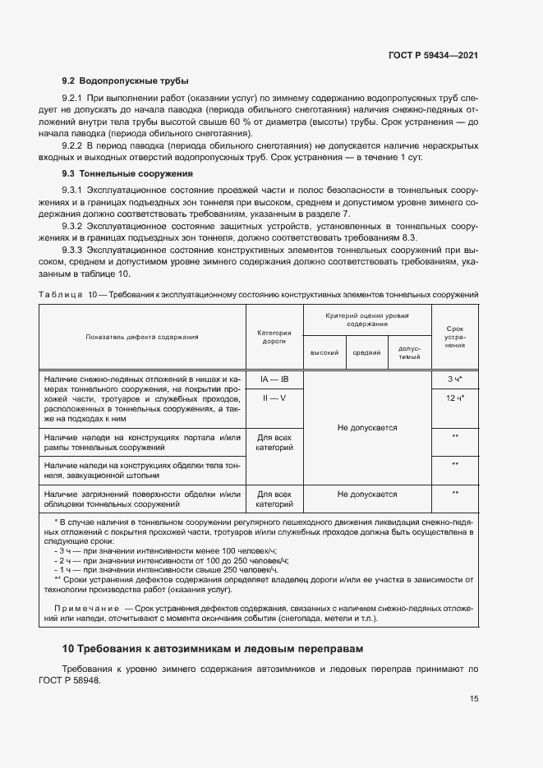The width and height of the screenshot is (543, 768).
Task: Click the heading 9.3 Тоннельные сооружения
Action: pyautogui.click(x=127, y=174)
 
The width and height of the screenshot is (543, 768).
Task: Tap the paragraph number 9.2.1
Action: pyautogui.click(x=76, y=97)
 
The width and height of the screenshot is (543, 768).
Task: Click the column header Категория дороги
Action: pyautogui.click(x=274, y=337)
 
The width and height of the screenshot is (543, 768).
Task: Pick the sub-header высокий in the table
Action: pyautogui.click(x=324, y=352)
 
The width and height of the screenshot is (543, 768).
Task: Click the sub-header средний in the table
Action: pyautogui.click(x=366, y=352)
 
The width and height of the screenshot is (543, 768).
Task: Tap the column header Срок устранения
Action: pyautogui.click(x=454, y=337)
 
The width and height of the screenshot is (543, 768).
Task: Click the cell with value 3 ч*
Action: pyautogui.click(x=454, y=379)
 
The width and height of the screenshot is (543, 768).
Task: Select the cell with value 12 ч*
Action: pyautogui.click(x=454, y=398)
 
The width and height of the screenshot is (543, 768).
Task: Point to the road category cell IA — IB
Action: pyautogui.click(x=274, y=379)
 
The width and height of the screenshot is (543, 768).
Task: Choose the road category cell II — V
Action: pyautogui.click(x=274, y=398)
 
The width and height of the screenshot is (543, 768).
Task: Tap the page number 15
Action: pyautogui.click(x=474, y=700)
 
